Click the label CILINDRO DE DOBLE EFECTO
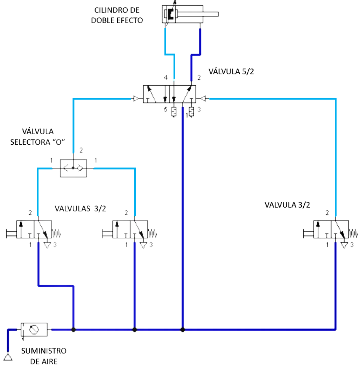117,15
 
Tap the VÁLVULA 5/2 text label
231,71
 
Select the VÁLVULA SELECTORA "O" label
37,137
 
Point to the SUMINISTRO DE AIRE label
44,356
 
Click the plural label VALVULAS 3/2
80,208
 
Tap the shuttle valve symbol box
73,168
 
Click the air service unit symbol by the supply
34,330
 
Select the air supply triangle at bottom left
8,357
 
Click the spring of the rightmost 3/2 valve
353,233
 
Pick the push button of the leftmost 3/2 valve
11,233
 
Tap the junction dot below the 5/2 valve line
183,330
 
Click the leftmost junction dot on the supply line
73,330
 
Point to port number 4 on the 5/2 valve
165,77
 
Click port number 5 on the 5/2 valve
165,109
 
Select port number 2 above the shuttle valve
81,150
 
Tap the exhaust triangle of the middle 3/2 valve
143,245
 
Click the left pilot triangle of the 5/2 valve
136,99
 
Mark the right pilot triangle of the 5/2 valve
203,99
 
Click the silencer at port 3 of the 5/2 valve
191,112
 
